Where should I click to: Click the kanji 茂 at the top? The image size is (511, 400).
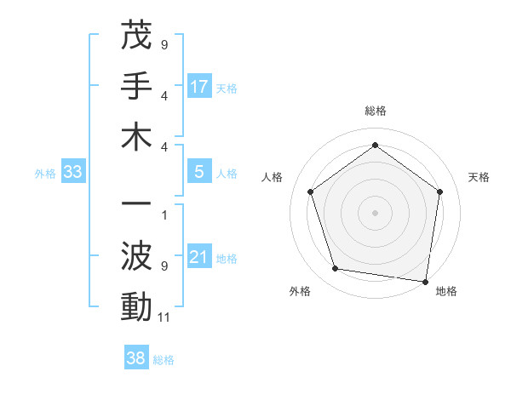[x=137, y=37]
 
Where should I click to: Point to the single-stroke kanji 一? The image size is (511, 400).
[x=137, y=206]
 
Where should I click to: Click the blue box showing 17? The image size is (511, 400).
[x=199, y=87]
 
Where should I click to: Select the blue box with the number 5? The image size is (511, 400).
[x=199, y=172]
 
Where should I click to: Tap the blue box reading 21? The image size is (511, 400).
[x=199, y=258]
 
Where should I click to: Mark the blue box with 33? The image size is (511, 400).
[x=73, y=173]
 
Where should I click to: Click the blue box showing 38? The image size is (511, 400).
[x=136, y=358]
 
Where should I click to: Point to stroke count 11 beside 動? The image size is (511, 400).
[x=164, y=317]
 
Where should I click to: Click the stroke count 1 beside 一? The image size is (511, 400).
[x=164, y=215]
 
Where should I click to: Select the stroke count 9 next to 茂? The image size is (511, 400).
[x=164, y=43]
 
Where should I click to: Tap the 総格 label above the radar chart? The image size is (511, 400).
[x=376, y=111]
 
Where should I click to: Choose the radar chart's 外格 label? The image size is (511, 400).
[x=300, y=291]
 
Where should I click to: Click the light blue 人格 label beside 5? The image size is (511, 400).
[x=227, y=174]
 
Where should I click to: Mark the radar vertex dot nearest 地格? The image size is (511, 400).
[x=426, y=281]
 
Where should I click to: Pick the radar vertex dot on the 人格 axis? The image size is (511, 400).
[x=311, y=192]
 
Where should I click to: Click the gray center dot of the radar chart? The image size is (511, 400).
[x=376, y=212]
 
